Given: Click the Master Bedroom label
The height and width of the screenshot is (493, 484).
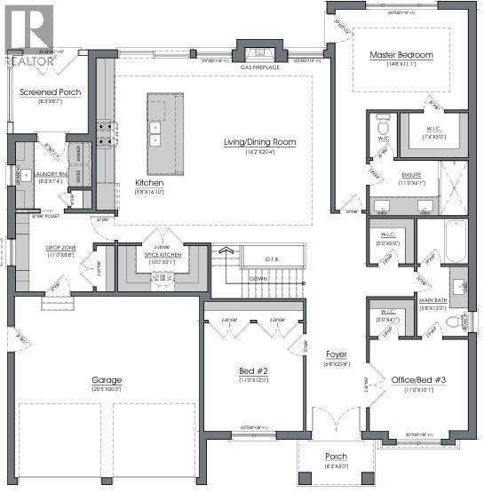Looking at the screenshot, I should [x=401, y=55].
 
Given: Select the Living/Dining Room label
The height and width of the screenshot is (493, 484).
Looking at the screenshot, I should [x=259, y=141].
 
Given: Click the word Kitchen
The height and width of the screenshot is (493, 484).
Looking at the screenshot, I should [x=149, y=182].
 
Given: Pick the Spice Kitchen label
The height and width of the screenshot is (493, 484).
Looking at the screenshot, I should [x=161, y=255].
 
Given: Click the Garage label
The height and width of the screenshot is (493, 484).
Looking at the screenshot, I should [x=106, y=380].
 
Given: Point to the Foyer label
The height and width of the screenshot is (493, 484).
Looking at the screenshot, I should [x=336, y=354].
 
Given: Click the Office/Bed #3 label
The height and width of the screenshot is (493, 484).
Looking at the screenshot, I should [x=412, y=380].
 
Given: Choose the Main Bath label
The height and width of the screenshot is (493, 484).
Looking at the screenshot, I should [x=432, y=300].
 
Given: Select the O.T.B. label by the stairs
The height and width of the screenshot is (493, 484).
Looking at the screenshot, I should [x=274, y=258].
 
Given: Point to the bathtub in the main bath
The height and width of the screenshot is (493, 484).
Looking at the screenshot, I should [x=455, y=240].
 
